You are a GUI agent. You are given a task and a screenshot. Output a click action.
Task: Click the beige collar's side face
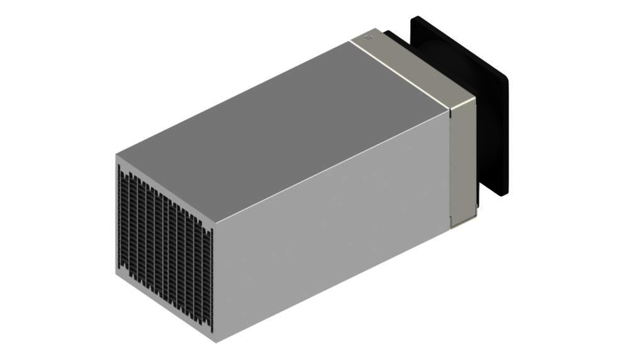[462, 161]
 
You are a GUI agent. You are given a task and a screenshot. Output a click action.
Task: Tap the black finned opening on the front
[164, 245]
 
